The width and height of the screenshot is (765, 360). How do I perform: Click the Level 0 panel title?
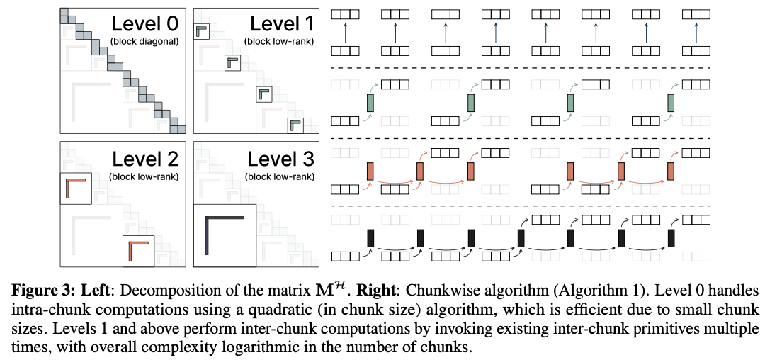point(145,24)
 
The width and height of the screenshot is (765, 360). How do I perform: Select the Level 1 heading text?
point(282,24)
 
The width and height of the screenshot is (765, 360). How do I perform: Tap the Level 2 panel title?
point(145,159)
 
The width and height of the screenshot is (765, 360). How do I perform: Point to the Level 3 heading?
point(280,159)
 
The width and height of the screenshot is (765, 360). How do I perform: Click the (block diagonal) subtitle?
point(145,42)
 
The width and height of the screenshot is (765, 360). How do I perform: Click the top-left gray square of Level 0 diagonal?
point(64,12)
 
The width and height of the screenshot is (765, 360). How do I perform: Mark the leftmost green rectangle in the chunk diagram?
point(370,103)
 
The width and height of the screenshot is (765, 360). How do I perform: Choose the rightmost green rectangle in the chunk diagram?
point(671,103)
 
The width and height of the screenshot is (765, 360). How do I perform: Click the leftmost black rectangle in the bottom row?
point(370,238)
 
